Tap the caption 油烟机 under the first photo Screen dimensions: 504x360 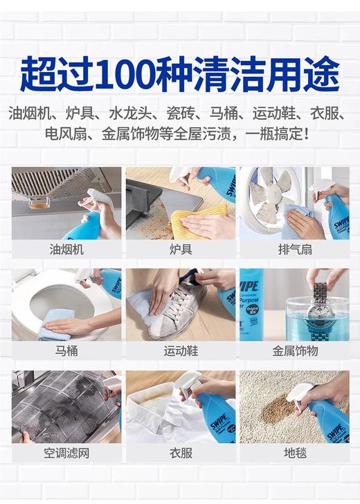point(66,249)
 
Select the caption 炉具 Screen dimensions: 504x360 point(180,249)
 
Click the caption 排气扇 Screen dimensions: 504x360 point(294,249)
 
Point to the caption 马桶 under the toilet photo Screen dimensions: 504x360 point(66,351)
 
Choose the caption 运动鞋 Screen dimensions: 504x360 point(180,351)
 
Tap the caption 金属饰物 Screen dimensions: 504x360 point(294,351)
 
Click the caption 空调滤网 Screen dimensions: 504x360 point(66,453)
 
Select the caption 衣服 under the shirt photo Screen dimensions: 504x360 point(180,453)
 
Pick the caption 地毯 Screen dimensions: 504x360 point(294,453)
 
